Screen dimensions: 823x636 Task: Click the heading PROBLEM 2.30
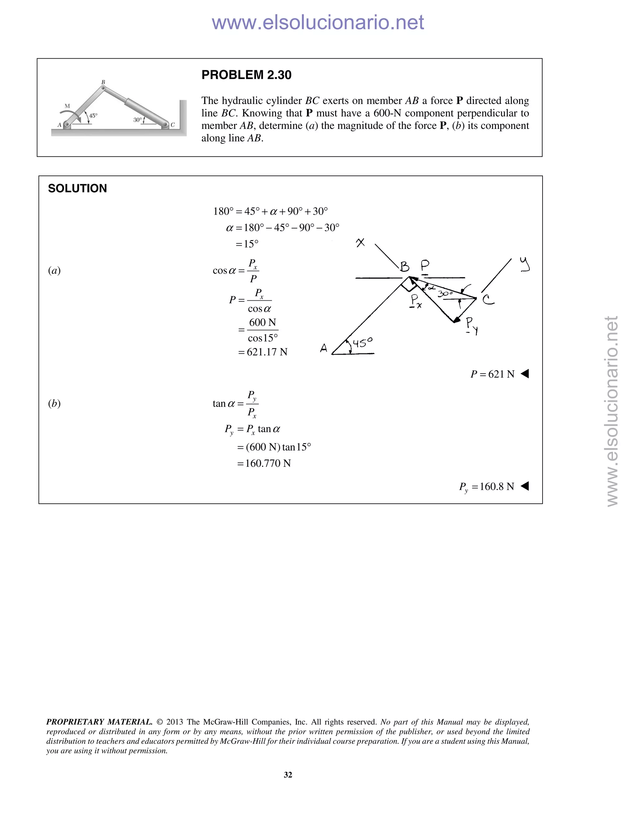246,75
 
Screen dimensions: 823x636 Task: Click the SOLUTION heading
77,189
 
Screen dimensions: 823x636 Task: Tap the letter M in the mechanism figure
67,106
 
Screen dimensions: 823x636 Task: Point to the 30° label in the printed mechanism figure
138,120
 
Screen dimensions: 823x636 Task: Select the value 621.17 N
267,352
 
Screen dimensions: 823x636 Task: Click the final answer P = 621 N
493,374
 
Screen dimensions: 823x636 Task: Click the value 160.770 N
268,463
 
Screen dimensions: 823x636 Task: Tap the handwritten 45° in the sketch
362,343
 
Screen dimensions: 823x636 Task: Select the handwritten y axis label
525,264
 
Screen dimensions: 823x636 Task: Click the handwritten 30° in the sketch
445,293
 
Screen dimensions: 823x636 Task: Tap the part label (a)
54,270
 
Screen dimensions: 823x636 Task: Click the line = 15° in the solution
247,244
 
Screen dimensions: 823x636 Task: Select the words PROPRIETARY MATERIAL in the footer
99,722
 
